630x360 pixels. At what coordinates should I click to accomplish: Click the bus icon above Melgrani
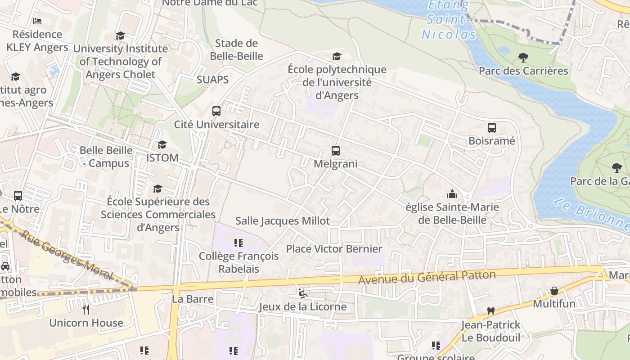pyautogui.click(x=335, y=151)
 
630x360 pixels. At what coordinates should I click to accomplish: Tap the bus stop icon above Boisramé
pyautogui.click(x=491, y=128)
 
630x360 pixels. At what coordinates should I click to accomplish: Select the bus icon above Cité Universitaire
pyautogui.click(x=216, y=111)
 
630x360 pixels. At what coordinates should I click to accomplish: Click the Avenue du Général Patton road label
pyautogui.click(x=427, y=277)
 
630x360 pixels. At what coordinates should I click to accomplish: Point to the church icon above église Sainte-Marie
pyautogui.click(x=452, y=194)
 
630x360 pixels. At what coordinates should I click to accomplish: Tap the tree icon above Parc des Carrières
pyautogui.click(x=523, y=58)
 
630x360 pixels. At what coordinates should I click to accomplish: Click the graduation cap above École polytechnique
pyautogui.click(x=337, y=56)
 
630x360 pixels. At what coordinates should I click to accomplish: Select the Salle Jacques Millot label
pyautogui.click(x=283, y=221)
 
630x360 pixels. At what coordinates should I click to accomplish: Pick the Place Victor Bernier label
pyautogui.click(x=334, y=249)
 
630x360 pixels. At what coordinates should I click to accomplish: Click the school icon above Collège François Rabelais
pyautogui.click(x=238, y=243)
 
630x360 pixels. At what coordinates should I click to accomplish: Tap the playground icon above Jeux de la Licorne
pyautogui.click(x=302, y=293)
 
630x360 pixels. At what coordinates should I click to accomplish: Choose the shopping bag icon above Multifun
pyautogui.click(x=554, y=291)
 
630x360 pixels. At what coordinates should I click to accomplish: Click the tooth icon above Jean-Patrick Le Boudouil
pyautogui.click(x=490, y=311)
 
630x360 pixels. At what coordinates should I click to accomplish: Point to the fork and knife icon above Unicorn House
pyautogui.click(x=86, y=310)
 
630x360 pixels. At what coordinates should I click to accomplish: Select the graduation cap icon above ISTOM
pyautogui.click(x=162, y=145)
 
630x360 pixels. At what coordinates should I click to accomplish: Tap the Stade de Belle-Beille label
pyautogui.click(x=236, y=50)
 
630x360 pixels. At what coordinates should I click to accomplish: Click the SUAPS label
pyautogui.click(x=212, y=80)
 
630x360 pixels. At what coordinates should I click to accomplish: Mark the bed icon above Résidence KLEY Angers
pyautogui.click(x=37, y=21)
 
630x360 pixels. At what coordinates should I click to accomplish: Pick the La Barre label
pyautogui.click(x=193, y=299)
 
